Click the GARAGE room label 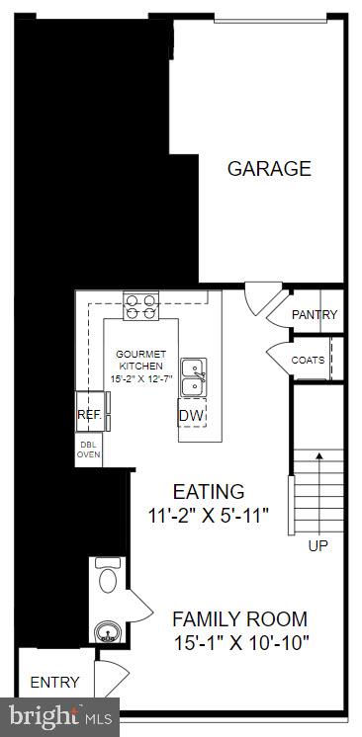point(269,169)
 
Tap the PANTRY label point(315,315)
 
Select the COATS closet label point(308,360)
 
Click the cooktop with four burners point(140,307)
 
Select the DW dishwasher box point(191,416)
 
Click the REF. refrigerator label point(90,416)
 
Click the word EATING point(208,491)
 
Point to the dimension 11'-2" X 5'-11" point(208,516)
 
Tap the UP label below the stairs point(318,545)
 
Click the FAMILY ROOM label point(239,619)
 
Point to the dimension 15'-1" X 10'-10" point(239,644)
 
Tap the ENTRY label point(54,683)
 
